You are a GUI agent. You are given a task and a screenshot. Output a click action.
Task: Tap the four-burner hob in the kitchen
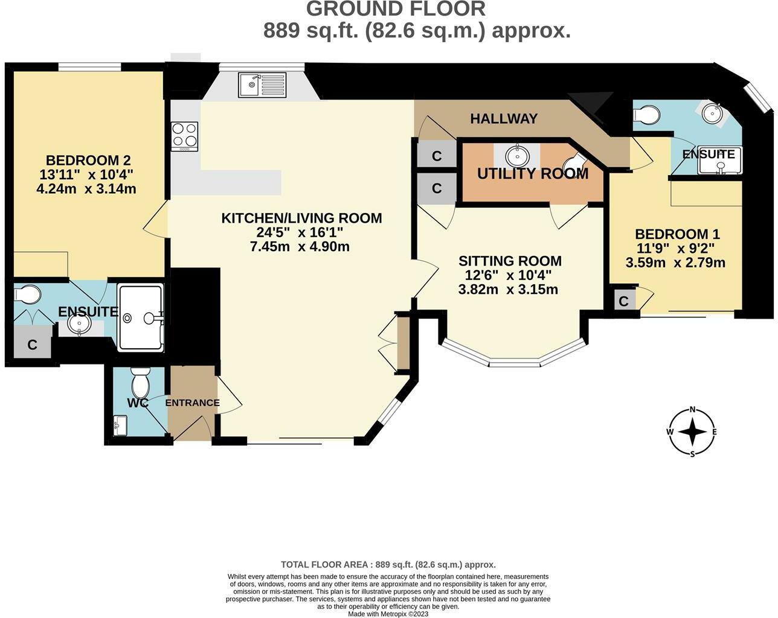pos(185,136)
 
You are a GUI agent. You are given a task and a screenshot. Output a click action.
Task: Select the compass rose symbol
pos(693,432)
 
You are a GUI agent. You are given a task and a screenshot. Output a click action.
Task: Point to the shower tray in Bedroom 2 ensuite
pos(141,317)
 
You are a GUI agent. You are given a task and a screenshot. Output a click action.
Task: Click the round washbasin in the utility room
pos(517,156)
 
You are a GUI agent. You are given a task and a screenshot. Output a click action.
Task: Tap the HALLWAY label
pos(504,119)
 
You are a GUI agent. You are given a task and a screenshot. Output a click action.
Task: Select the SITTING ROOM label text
pos(510,261)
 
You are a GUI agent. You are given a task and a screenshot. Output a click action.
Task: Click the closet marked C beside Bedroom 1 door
pos(623,301)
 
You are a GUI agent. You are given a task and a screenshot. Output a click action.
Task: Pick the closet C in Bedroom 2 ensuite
pos(32,345)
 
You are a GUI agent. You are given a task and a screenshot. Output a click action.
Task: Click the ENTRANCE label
pos(192,403)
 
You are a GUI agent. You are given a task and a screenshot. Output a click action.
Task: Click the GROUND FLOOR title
pos(396,9)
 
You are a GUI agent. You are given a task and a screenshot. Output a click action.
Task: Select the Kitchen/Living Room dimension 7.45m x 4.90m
pos(300,246)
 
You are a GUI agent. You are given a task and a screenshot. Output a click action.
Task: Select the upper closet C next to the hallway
pos(436,156)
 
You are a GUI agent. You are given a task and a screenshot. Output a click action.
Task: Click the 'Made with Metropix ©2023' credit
pos(389,614)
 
